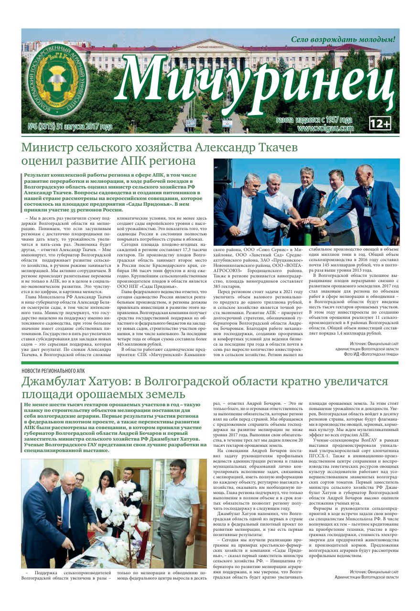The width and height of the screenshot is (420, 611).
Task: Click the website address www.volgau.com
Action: tap(325, 128)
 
